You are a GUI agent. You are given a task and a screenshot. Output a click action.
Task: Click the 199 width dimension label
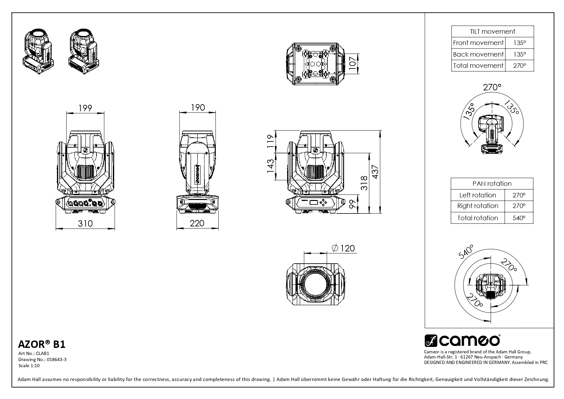click(85, 108)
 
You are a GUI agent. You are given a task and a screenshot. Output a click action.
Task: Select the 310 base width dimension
click(85, 223)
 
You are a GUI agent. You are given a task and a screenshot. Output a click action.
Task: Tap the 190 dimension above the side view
click(198, 107)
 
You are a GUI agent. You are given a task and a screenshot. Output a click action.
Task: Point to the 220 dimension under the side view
click(197, 223)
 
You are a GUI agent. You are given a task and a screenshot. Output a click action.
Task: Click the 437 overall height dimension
click(375, 172)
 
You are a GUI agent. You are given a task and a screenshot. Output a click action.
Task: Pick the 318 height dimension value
click(364, 183)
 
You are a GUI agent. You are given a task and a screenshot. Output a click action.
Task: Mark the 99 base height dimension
click(353, 204)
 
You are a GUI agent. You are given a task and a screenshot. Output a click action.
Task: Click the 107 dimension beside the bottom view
click(353, 63)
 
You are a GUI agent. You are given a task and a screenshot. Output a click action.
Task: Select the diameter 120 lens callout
click(343, 248)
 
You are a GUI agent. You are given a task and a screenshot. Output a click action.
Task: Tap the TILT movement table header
click(492, 32)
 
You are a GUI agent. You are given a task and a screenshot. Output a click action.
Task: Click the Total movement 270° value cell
click(519, 66)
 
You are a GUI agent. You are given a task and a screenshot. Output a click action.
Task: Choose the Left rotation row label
click(478, 195)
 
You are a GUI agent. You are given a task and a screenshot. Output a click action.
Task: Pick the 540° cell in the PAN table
click(519, 218)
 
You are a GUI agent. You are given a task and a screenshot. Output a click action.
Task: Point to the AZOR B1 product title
click(42, 344)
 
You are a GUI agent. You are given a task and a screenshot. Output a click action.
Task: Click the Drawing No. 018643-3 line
click(42, 359)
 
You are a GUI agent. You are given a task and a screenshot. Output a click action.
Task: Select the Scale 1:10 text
click(29, 365)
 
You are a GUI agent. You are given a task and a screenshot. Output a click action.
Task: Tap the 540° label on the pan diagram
click(466, 252)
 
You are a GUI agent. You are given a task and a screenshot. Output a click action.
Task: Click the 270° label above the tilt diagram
click(492, 87)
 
